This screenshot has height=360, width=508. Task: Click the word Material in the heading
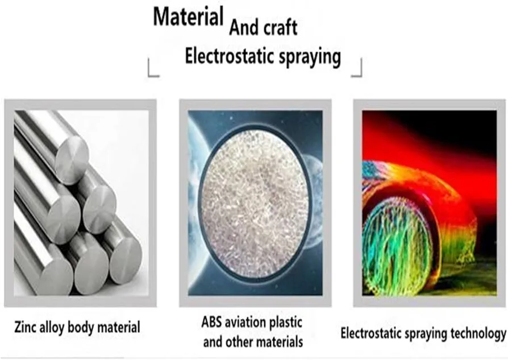[188, 16]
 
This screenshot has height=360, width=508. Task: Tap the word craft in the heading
[281, 27]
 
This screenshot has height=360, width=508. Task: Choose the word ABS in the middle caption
[211, 322]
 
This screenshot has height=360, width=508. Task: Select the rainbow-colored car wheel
[397, 246]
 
